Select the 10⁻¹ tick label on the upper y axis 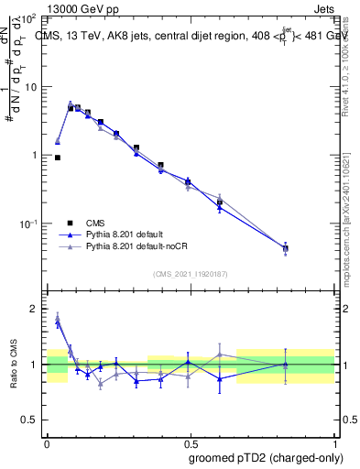(x=31, y=224)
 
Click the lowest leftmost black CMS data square (x=58, y=158)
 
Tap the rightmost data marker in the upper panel (x=285, y=248)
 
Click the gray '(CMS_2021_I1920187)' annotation (x=190, y=273)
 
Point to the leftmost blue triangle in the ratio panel (x=58, y=322)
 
